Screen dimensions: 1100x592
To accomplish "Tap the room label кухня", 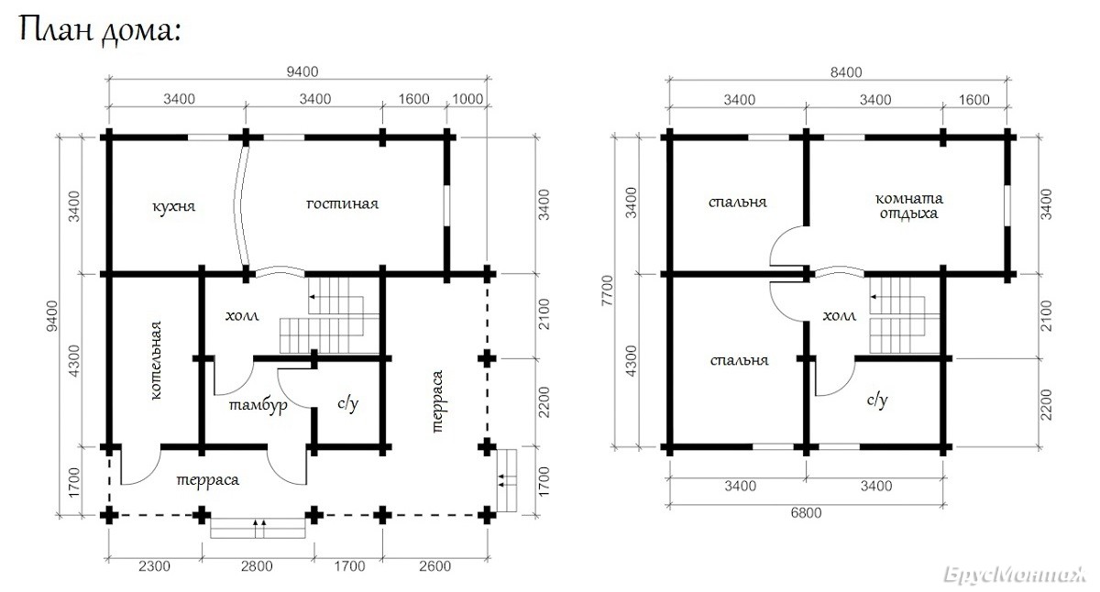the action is [174, 206].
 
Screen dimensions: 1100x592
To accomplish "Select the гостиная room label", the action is [342, 203].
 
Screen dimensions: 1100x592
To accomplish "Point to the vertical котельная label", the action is [155, 361].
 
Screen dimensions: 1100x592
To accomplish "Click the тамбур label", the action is [258, 406].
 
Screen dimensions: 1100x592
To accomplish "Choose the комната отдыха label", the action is [909, 206].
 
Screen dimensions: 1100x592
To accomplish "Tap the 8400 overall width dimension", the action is [846, 72].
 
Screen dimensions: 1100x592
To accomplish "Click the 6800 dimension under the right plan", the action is [807, 513].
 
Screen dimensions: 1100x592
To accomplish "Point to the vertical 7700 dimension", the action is [608, 291].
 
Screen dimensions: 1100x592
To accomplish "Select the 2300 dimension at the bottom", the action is [154, 566].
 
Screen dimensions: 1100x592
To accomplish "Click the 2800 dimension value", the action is [257, 566].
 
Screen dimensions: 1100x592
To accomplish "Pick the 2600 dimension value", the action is [435, 566].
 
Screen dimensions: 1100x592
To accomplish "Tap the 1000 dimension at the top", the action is [467, 99].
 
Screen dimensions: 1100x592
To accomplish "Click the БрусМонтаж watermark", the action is [1016, 575].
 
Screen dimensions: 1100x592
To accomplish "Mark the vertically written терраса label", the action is [436, 401].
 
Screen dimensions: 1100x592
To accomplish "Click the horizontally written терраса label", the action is [208, 480].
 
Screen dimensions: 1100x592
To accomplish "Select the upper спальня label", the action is [738, 203].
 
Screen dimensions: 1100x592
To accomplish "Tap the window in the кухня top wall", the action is [208, 137].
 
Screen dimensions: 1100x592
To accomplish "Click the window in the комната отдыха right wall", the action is [1007, 205].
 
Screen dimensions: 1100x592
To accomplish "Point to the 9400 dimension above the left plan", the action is [302, 72].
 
